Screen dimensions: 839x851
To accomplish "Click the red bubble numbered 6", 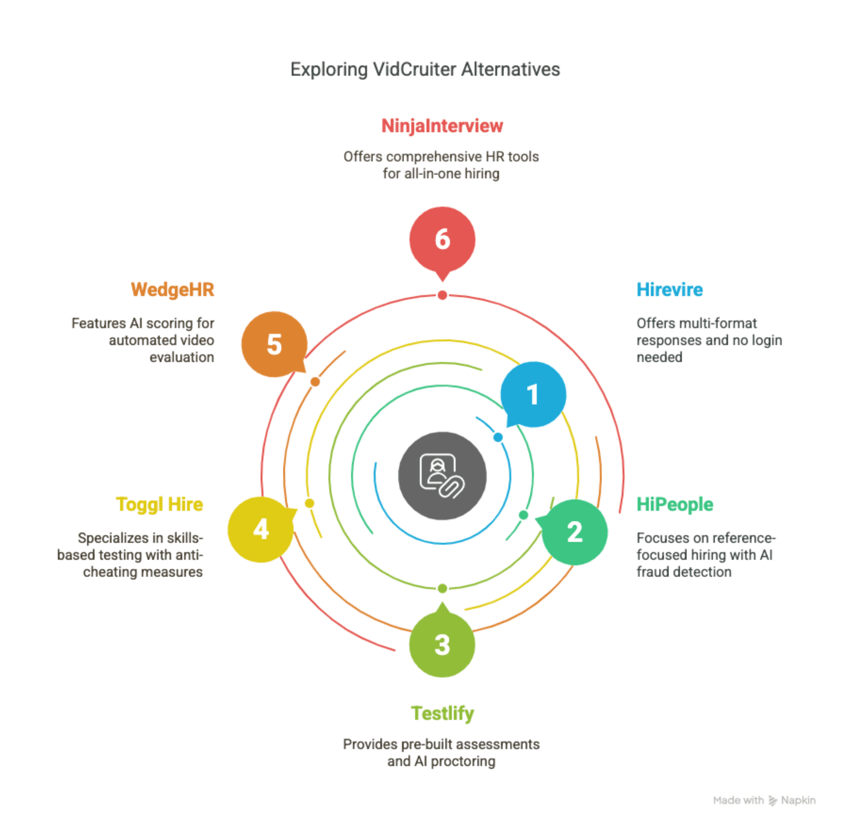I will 442,240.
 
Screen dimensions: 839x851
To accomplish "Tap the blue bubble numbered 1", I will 533,394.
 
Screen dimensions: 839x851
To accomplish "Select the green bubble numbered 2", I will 574,532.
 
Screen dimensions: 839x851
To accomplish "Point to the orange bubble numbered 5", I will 274,344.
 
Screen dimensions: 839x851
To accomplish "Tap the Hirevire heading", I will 669,290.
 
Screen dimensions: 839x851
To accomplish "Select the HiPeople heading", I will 675,504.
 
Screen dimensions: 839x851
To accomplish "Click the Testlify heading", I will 442,713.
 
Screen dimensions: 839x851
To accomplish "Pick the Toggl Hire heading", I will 159,504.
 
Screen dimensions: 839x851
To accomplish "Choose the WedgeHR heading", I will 172,290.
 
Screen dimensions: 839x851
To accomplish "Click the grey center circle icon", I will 442,476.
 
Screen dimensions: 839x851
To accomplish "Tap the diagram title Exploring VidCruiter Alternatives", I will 425,69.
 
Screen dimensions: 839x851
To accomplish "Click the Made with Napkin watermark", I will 764,800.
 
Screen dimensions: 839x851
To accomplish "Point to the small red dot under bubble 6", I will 442,295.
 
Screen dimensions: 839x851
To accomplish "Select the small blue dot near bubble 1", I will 498,437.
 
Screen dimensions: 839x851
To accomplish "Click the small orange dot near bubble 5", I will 315,382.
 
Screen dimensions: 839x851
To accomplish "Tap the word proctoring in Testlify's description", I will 463,761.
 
